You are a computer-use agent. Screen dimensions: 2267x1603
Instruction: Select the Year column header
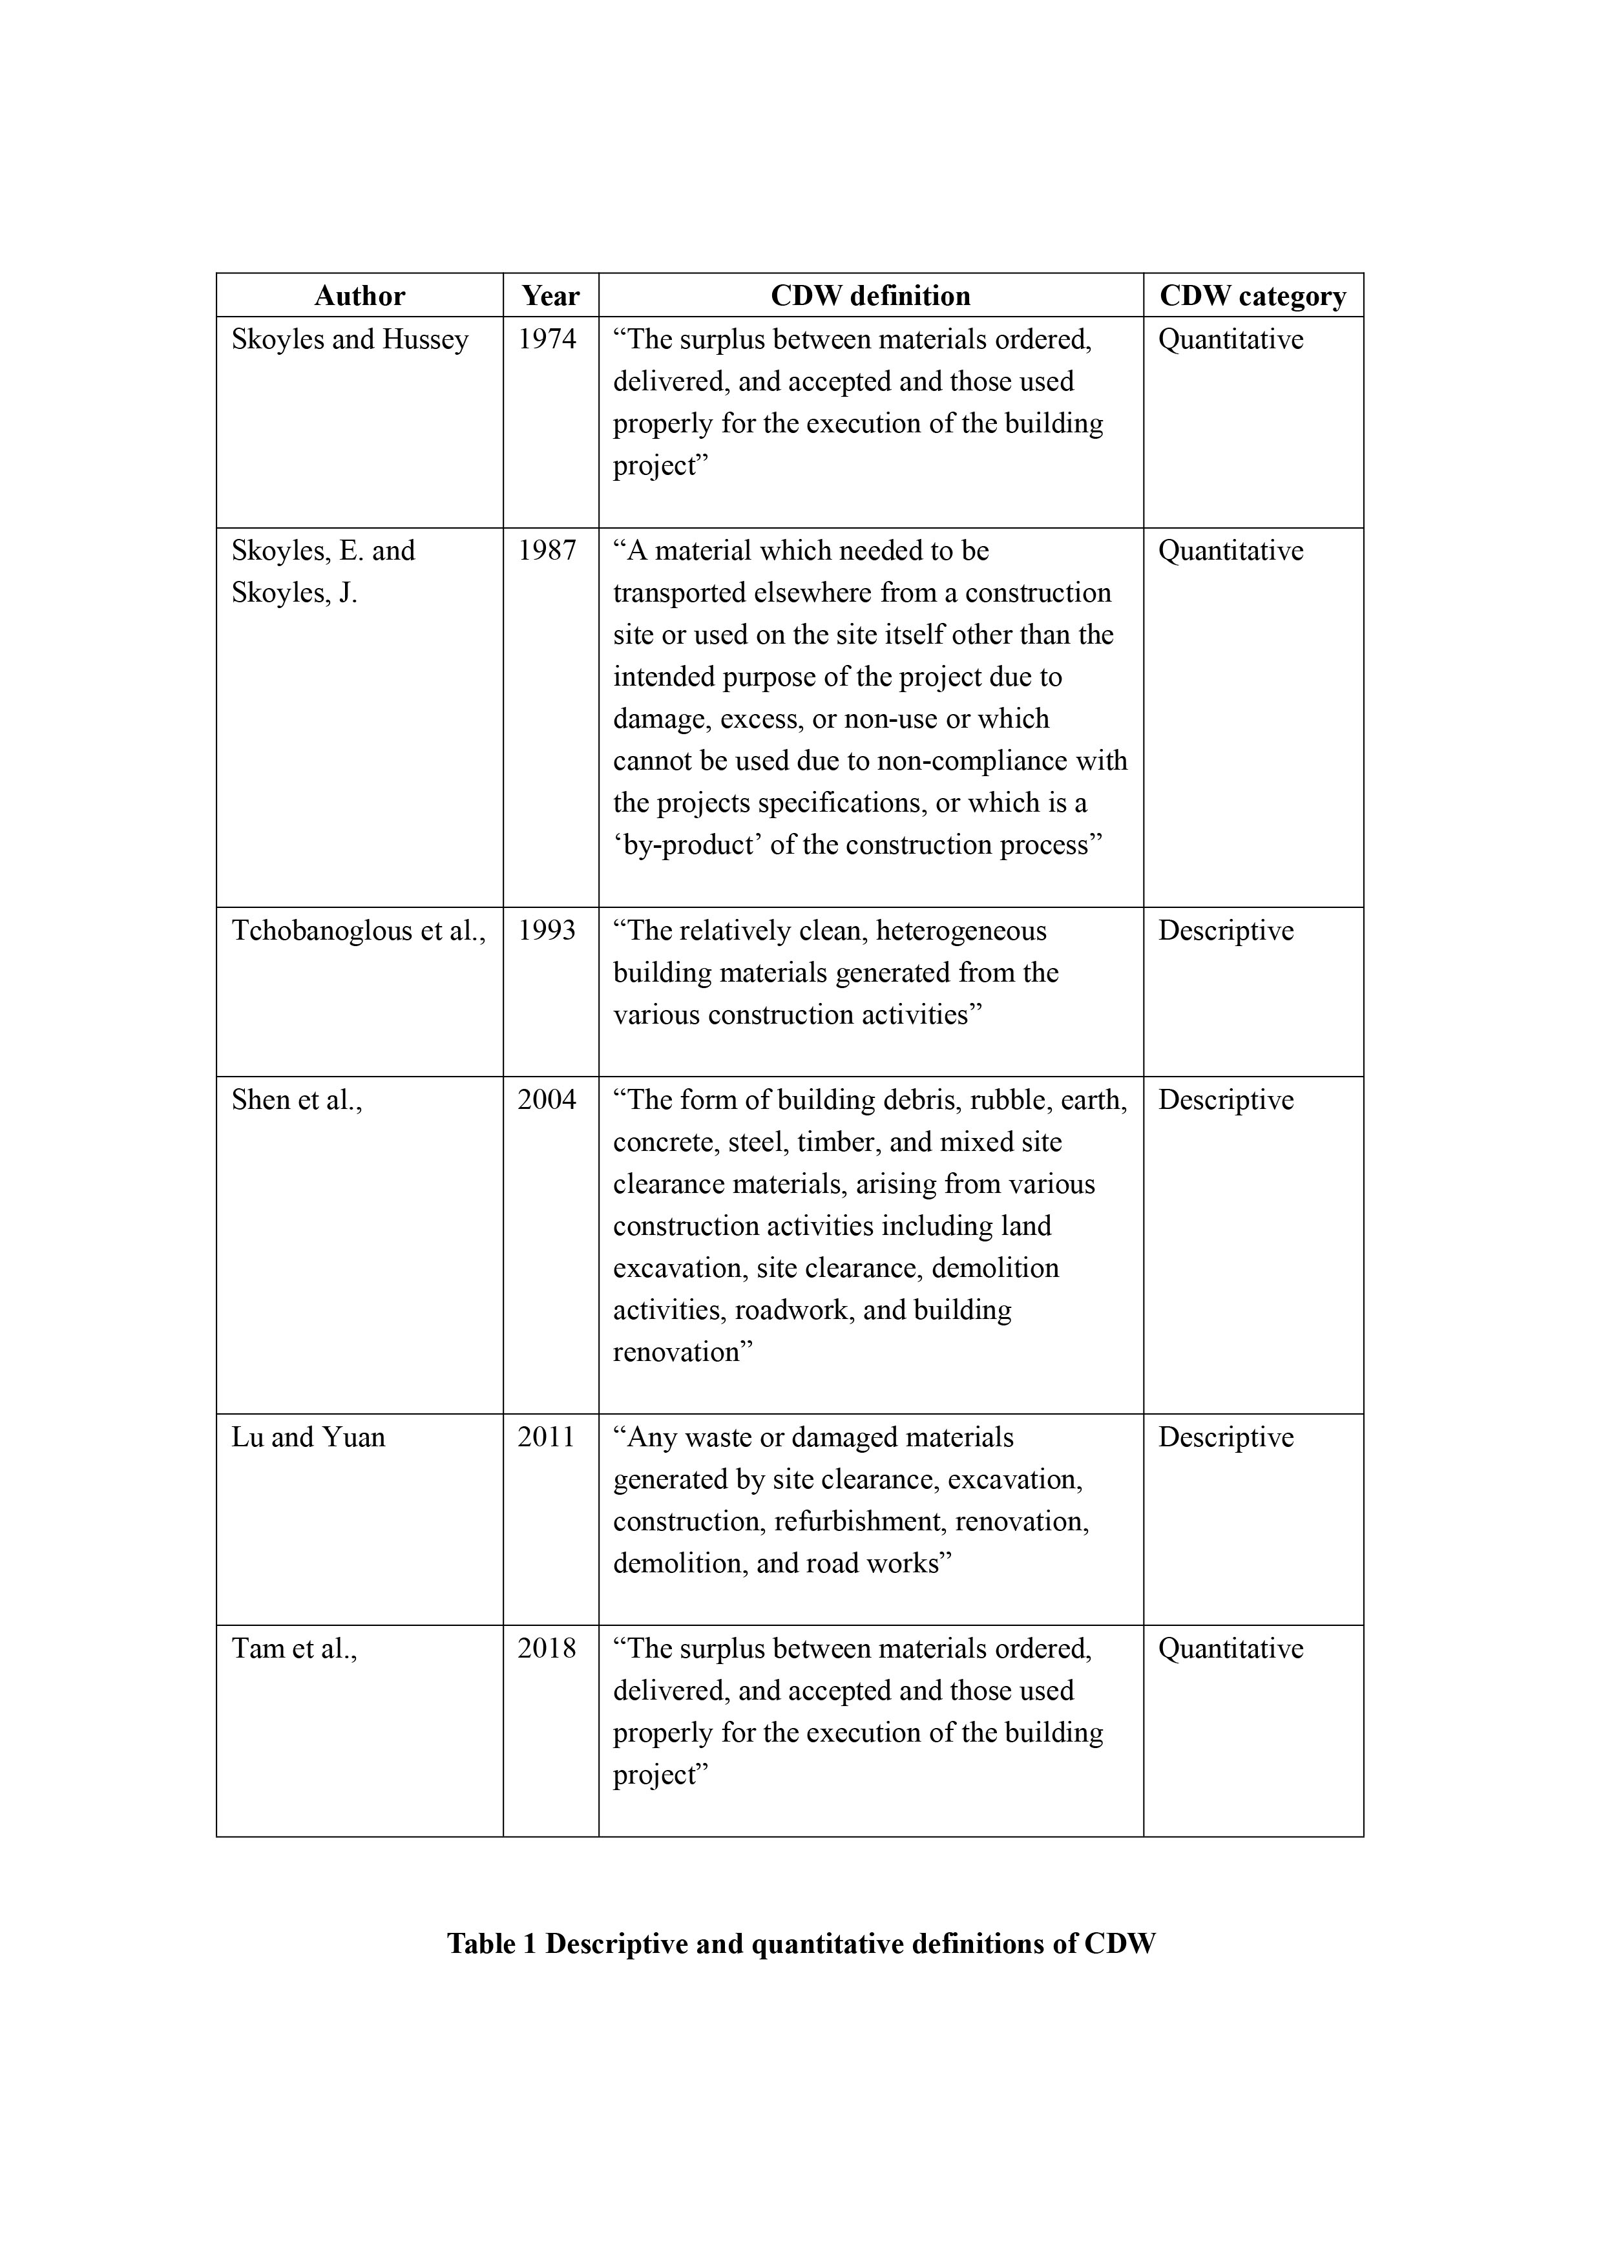tap(550, 296)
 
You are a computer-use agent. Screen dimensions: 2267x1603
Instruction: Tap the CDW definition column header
tap(870, 296)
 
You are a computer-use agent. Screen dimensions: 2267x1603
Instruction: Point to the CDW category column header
tap(1253, 296)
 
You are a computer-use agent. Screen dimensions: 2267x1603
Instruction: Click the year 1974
tap(547, 340)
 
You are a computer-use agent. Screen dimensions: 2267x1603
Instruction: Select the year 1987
tap(547, 551)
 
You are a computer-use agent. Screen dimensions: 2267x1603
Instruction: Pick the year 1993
tap(547, 931)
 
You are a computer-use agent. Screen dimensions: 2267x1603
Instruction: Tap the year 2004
tap(547, 1100)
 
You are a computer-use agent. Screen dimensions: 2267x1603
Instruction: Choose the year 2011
tap(547, 1438)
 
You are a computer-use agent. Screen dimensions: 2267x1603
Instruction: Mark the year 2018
tap(547, 1649)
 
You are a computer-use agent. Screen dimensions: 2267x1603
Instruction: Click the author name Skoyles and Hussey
tap(350, 340)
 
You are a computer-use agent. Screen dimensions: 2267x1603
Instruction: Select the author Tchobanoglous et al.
tap(359, 931)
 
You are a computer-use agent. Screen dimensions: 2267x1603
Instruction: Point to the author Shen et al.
tap(296, 1100)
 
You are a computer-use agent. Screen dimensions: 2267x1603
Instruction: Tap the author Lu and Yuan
tap(308, 1438)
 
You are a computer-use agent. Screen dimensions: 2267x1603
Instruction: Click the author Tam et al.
tap(293, 1649)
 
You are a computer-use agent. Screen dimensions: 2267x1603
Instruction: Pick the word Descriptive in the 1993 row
tap(1225, 931)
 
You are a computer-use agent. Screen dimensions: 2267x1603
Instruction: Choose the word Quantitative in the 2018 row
tap(1230, 1649)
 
